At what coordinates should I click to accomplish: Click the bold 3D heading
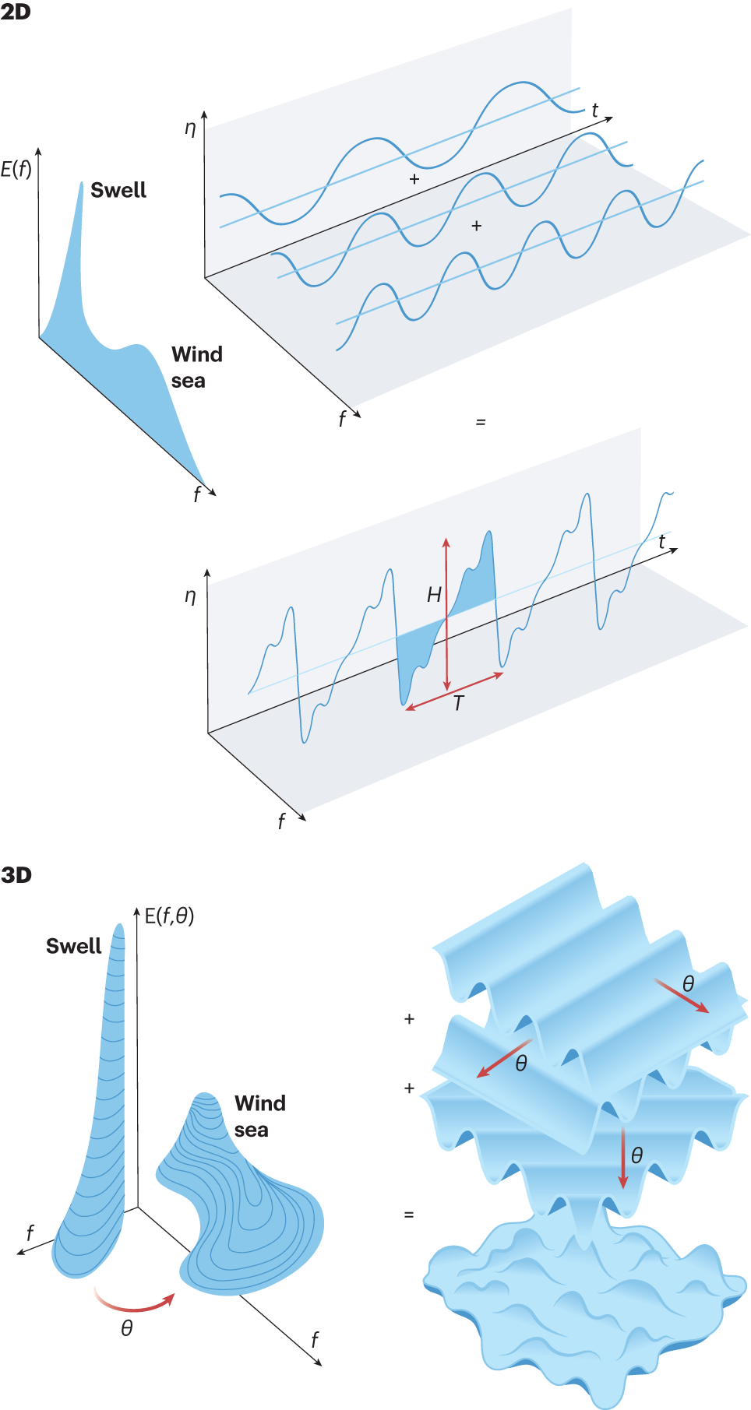pyautogui.click(x=16, y=875)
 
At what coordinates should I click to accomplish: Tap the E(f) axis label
pyautogui.click(x=16, y=169)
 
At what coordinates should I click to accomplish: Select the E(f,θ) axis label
pyautogui.click(x=169, y=916)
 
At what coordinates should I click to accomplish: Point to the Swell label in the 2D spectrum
pyautogui.click(x=118, y=190)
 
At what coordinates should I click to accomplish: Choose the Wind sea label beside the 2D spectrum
pyautogui.click(x=196, y=367)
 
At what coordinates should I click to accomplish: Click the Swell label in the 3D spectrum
pyautogui.click(x=74, y=946)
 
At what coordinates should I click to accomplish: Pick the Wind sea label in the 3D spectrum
pyautogui.click(x=259, y=1116)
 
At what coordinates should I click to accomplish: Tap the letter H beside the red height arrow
pyautogui.click(x=434, y=596)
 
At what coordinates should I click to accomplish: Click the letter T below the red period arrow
pyautogui.click(x=459, y=704)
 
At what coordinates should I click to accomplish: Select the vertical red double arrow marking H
pyautogui.click(x=446, y=615)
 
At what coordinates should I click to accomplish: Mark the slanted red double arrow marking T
pyautogui.click(x=454, y=691)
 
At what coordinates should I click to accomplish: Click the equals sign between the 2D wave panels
pyautogui.click(x=481, y=422)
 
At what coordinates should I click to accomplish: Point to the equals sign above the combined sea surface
pyautogui.click(x=409, y=1215)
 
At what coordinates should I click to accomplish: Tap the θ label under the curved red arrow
pyautogui.click(x=127, y=1328)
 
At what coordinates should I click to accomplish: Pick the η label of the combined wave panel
pyautogui.click(x=190, y=596)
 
